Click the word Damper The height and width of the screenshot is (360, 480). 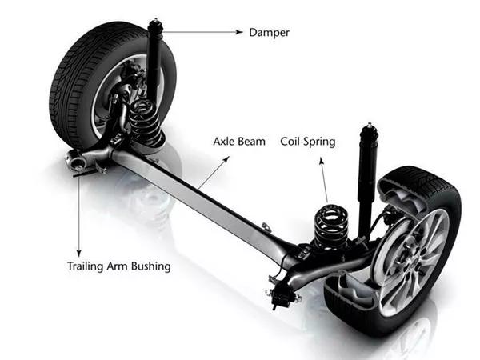pyautogui.click(x=268, y=33)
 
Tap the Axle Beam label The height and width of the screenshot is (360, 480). pyautogui.click(x=238, y=142)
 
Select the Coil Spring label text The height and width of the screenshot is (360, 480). pyautogui.click(x=307, y=142)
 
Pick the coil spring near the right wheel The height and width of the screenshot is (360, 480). pyautogui.click(x=330, y=226)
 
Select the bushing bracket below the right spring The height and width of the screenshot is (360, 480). pyautogui.click(x=282, y=295)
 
